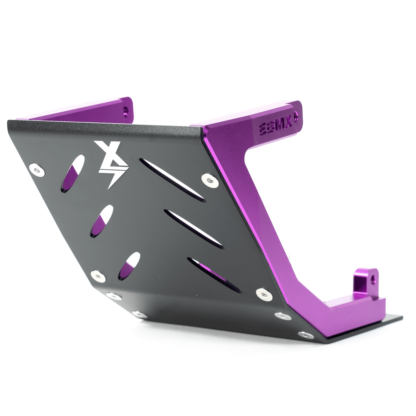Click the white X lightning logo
[x=110, y=163]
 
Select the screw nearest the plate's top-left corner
[x=37, y=169]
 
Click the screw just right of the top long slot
[x=210, y=180]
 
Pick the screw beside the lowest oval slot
[x=98, y=276]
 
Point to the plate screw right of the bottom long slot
[x=264, y=294]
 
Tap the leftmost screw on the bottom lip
[x=114, y=296]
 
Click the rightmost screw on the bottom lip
[x=305, y=335]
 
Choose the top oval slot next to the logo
[x=73, y=173]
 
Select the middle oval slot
[x=101, y=221]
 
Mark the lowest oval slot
[x=129, y=266]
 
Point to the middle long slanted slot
[x=194, y=229]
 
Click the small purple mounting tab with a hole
[x=366, y=280]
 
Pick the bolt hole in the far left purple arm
[x=125, y=110]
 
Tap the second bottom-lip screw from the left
[x=139, y=314]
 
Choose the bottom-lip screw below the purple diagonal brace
[x=283, y=316]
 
